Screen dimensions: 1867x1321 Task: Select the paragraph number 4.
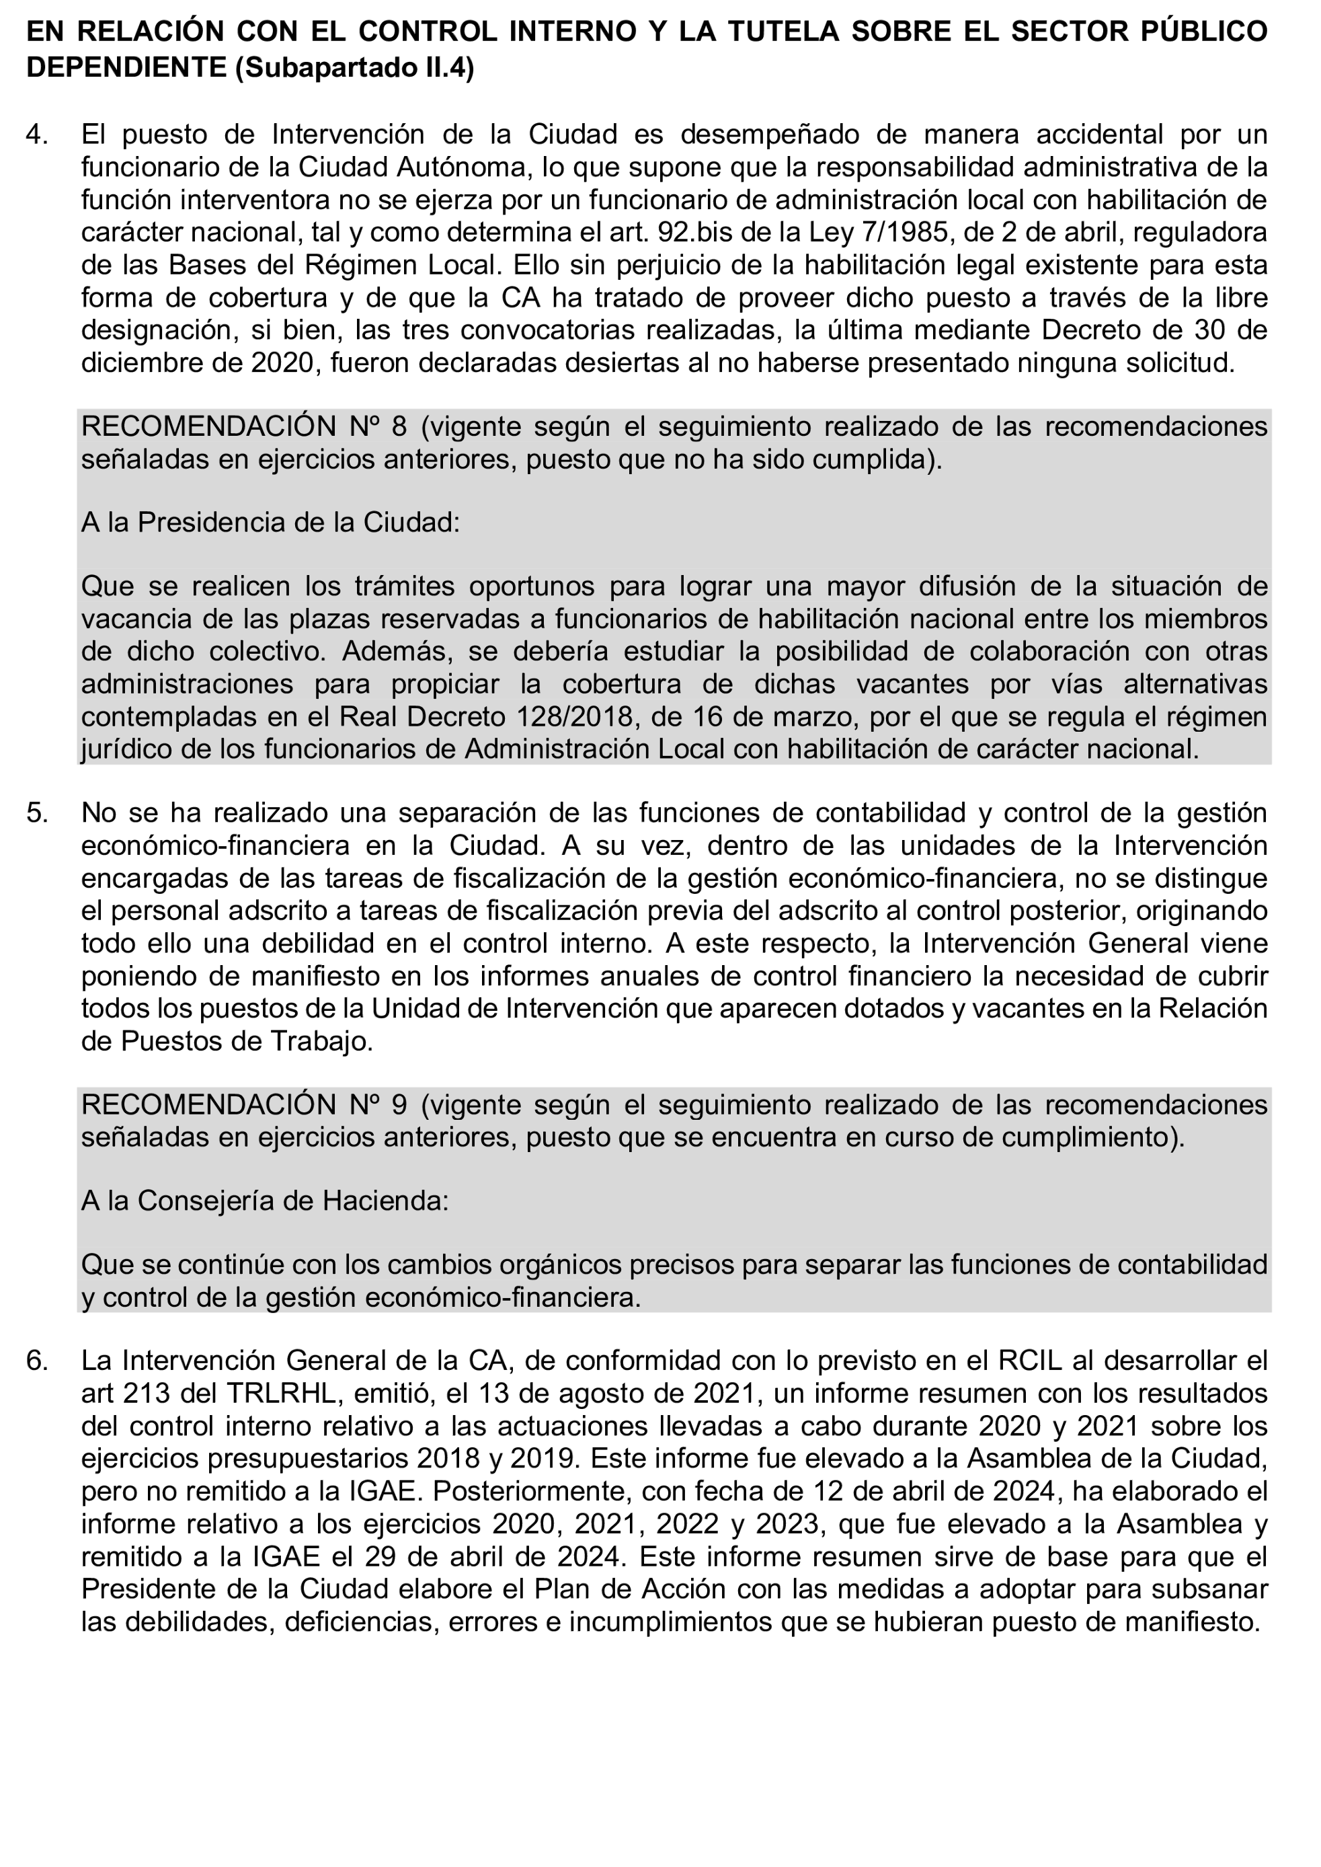pyautogui.click(x=36, y=135)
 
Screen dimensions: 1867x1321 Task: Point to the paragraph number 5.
pyautogui.click(x=36, y=812)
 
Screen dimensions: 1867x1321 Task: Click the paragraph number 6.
pyautogui.click(x=36, y=1360)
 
